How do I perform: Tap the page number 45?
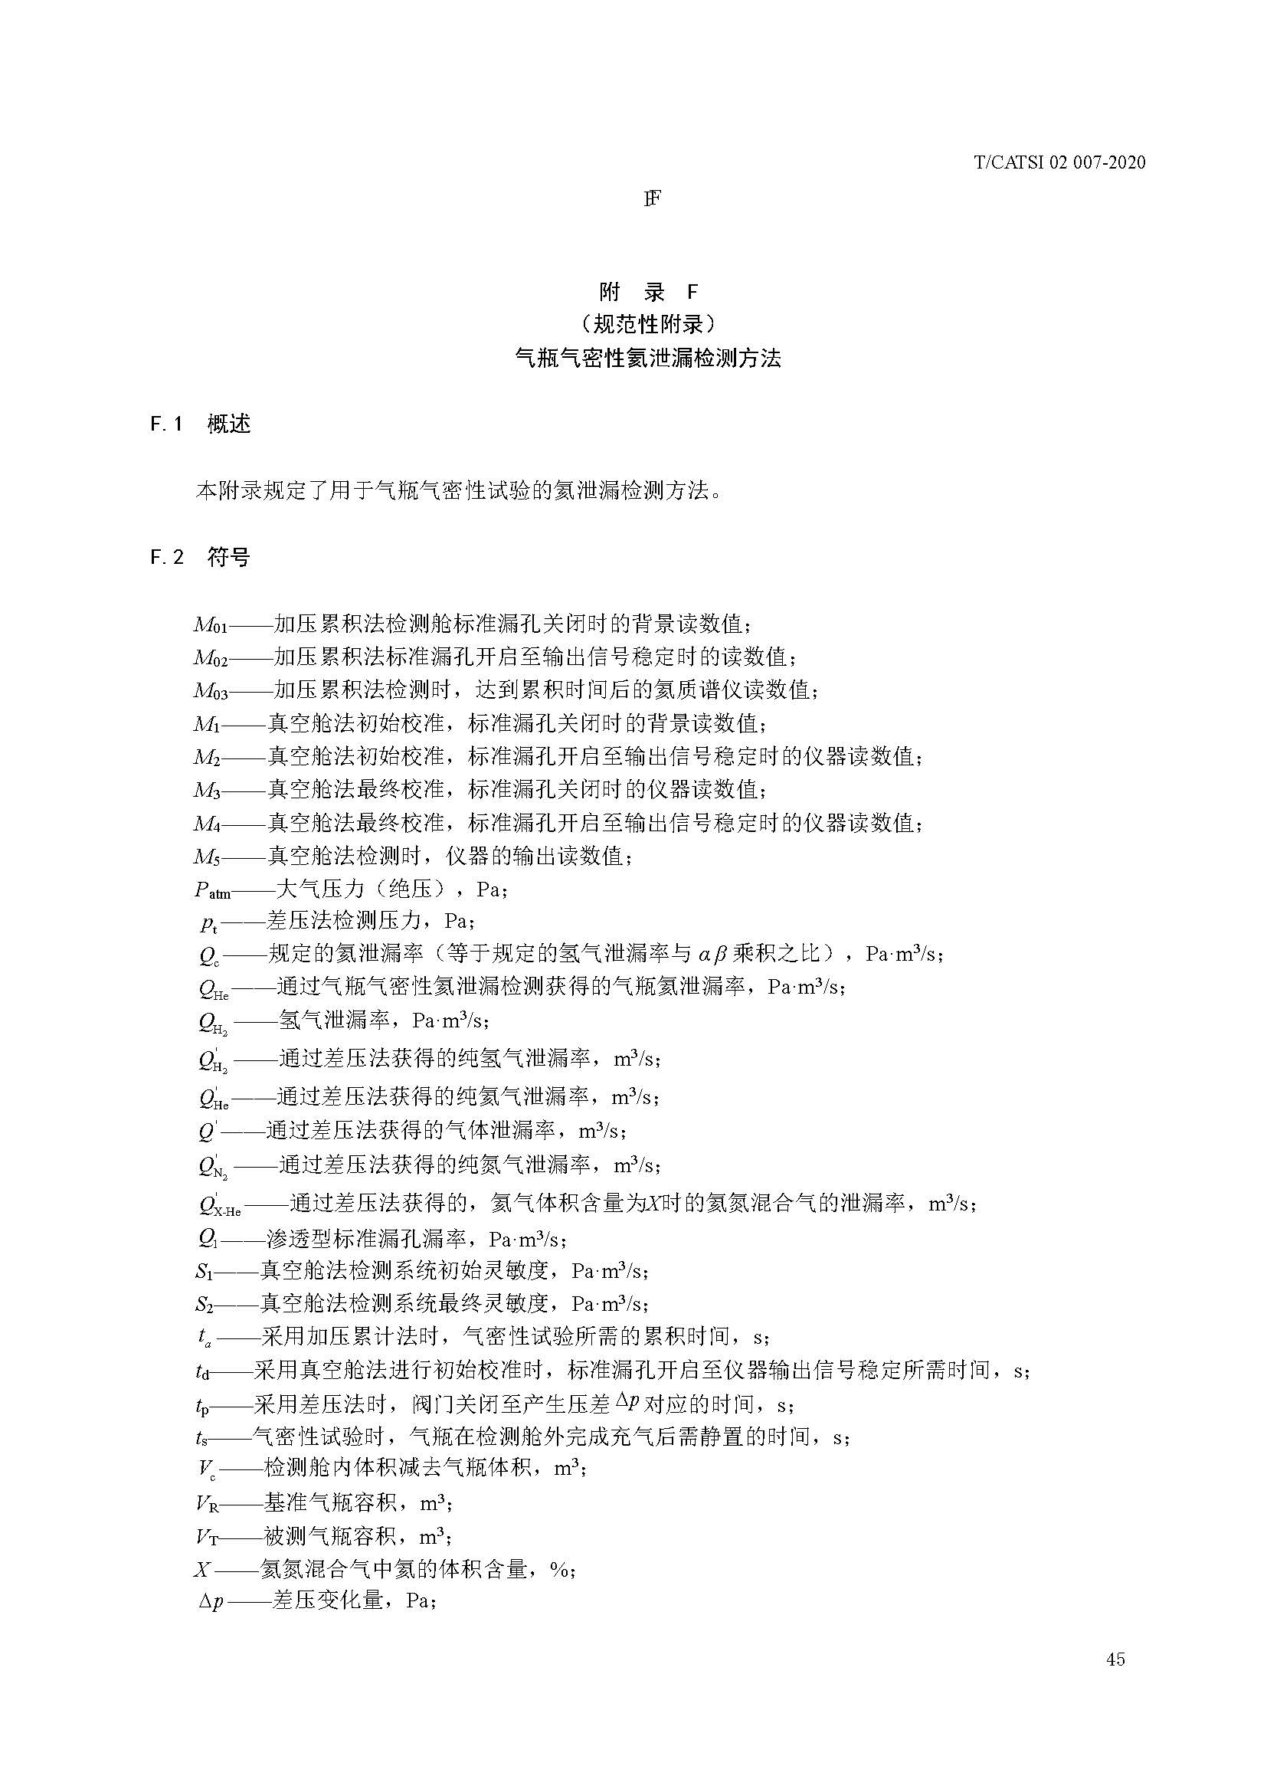(1115, 1680)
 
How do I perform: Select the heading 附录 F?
(648, 292)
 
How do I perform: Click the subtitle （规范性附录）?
(648, 323)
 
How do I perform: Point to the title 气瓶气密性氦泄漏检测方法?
(648, 359)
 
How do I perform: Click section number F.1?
(166, 424)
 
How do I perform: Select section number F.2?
(167, 557)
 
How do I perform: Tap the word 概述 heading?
(228, 424)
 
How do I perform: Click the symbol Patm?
(212, 890)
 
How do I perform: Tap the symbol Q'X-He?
(219, 1206)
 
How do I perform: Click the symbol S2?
(204, 1304)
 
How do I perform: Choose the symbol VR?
(207, 1502)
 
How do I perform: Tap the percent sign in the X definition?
(558, 1568)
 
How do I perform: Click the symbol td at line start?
(203, 1371)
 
